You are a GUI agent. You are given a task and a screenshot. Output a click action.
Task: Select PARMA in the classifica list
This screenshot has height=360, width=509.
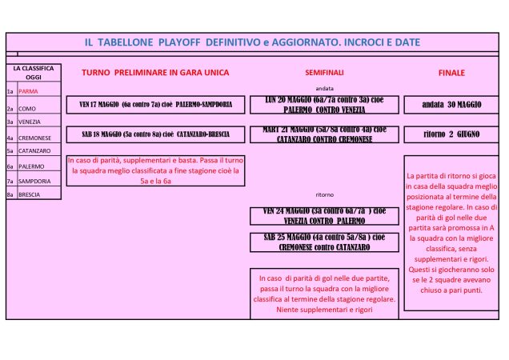point(29,92)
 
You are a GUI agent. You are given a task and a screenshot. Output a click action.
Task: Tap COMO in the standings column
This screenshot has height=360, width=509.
point(27,108)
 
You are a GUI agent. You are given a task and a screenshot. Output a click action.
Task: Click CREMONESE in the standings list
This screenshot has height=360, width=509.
point(32,137)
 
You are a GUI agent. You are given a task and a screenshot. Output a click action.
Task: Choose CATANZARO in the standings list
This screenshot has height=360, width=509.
point(33,150)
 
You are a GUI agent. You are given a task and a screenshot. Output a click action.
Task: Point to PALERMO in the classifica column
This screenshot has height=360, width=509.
point(30,166)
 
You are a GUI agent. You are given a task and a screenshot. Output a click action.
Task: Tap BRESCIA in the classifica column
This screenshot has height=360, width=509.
point(29,194)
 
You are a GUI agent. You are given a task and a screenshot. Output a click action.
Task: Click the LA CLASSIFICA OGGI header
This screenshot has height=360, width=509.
point(33,73)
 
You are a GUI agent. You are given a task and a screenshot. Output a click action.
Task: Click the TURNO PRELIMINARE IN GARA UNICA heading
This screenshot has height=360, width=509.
point(155,72)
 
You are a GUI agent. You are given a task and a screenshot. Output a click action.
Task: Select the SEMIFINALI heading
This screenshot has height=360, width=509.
point(324,73)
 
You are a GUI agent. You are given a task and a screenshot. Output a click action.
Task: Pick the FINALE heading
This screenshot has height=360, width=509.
point(451,73)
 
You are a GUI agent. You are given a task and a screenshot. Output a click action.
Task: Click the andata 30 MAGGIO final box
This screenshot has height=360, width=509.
point(451,104)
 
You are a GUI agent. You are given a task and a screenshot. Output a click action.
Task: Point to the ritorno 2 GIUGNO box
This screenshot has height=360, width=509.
point(451,134)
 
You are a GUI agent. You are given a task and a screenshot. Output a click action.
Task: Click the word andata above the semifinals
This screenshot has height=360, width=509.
point(324,87)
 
